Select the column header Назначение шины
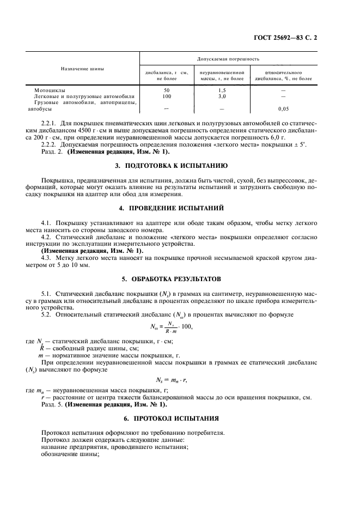82,69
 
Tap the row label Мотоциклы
50,89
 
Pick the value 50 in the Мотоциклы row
167,89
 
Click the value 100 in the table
167,96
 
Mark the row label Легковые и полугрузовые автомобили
76,96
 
